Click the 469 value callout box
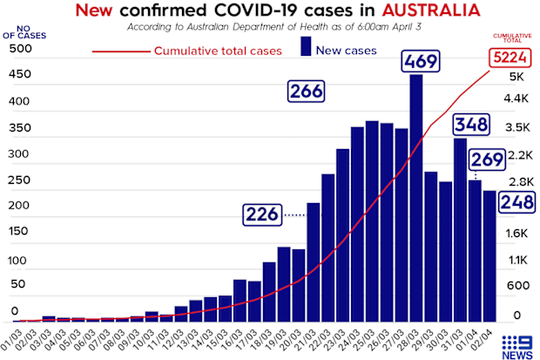coord(421,61)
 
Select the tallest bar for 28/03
coord(416,198)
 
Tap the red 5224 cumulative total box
coord(510,58)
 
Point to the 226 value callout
coord(262,214)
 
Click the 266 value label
coord(307,92)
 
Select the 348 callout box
coord(471,124)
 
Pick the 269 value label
coord(487,160)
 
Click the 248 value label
coord(517,201)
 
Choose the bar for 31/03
coord(461,230)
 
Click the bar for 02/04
coord(489,256)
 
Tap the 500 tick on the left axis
coord(20,48)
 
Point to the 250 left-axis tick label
coord(19,180)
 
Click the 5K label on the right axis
coord(516,77)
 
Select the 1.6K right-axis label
coord(516,234)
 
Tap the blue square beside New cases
coord(306,46)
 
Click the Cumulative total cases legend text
coord(218,51)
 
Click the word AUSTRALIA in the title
coord(431,10)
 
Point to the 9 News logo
coord(517,347)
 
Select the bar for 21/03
coord(314,262)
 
